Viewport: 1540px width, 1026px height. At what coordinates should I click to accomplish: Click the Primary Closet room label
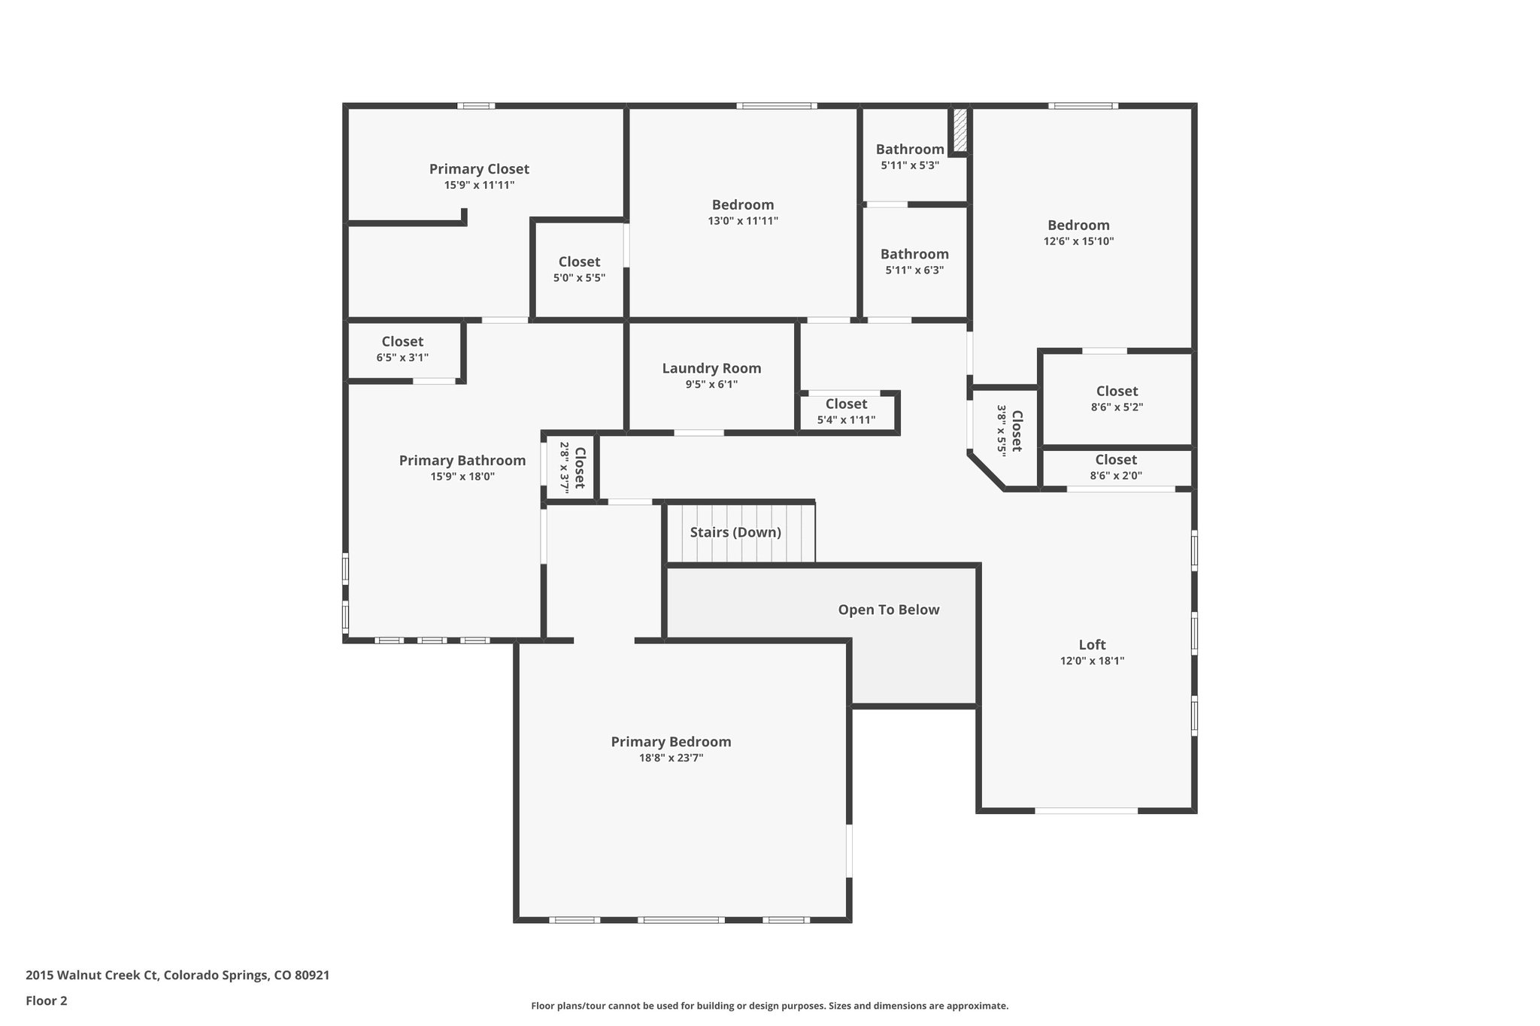pyautogui.click(x=479, y=169)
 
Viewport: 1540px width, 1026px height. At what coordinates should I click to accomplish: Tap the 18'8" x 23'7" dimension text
pyautogui.click(x=671, y=758)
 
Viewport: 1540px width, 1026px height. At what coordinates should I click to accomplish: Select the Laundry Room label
pyautogui.click(x=711, y=368)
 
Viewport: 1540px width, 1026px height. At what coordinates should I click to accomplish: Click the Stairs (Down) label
pyautogui.click(x=735, y=532)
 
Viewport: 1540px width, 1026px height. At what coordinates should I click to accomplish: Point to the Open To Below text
pyautogui.click(x=889, y=610)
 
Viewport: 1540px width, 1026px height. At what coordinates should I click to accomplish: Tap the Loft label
pyautogui.click(x=1092, y=645)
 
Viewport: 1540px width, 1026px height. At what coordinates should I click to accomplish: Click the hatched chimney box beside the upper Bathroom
pyautogui.click(x=959, y=130)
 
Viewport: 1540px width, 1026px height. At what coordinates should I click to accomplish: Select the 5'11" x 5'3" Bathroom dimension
pyautogui.click(x=910, y=165)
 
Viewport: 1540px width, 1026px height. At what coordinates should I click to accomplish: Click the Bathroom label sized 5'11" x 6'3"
pyautogui.click(x=914, y=254)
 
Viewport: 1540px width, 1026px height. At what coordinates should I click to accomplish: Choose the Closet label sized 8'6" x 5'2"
pyautogui.click(x=1117, y=391)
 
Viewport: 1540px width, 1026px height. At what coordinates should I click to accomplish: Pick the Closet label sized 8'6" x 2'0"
pyautogui.click(x=1116, y=459)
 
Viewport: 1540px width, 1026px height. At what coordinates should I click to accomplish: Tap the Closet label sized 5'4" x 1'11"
pyautogui.click(x=846, y=404)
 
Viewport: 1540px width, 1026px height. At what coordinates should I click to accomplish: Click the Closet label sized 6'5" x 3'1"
pyautogui.click(x=402, y=342)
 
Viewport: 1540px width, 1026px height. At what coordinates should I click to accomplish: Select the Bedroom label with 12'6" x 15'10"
pyautogui.click(x=1078, y=225)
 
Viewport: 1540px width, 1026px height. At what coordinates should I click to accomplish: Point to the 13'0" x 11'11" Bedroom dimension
pyautogui.click(x=743, y=221)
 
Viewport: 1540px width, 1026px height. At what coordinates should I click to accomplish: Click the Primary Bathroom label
pyautogui.click(x=462, y=461)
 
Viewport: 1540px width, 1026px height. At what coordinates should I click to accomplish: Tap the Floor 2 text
pyautogui.click(x=47, y=1000)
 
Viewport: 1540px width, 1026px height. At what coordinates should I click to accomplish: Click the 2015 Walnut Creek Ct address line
pyautogui.click(x=177, y=976)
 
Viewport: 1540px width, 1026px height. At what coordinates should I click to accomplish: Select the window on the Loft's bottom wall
pyautogui.click(x=1086, y=810)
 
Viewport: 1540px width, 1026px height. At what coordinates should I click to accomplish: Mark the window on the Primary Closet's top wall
pyautogui.click(x=476, y=106)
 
